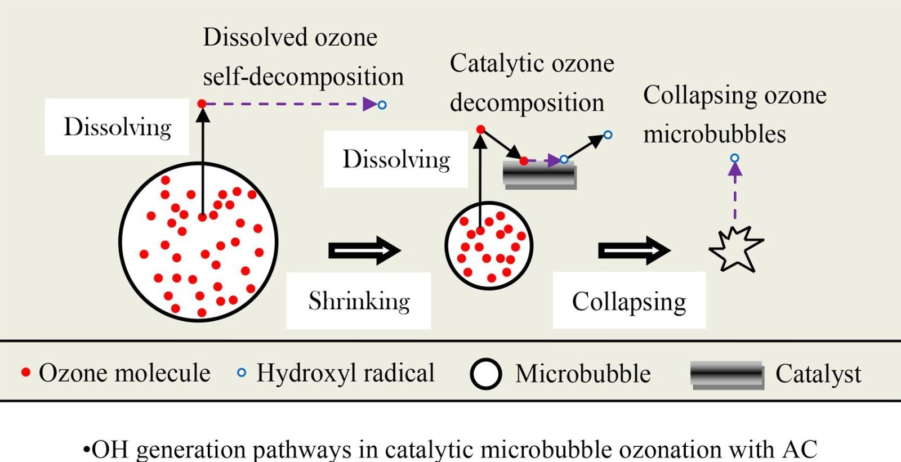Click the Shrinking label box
[358, 300]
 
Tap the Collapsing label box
[629, 300]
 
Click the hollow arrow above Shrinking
[365, 250]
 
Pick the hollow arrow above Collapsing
[634, 250]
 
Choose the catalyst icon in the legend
[727, 375]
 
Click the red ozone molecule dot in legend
[26, 373]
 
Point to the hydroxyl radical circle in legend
[242, 373]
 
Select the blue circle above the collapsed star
[735, 158]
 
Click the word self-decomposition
[304, 76]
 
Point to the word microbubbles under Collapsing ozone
[715, 134]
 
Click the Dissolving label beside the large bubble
[117, 127]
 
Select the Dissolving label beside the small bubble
[396, 159]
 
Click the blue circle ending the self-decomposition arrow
[382, 105]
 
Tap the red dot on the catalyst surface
[523, 162]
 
